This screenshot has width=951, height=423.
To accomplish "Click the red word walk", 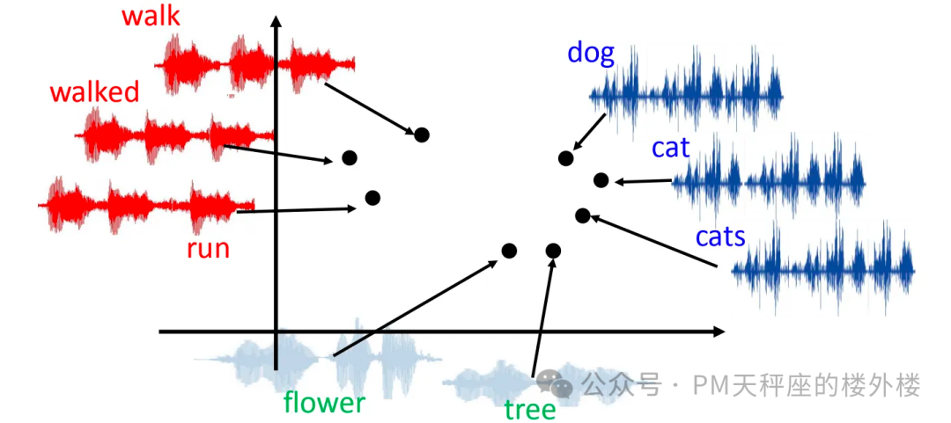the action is (151, 17).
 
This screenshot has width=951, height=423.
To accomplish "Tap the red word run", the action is (208, 249).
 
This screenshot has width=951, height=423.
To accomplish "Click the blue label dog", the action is (591, 54).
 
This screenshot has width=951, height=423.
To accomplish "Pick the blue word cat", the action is (670, 148).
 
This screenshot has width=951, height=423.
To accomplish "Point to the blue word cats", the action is (720, 237).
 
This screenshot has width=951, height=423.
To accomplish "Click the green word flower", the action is (325, 402).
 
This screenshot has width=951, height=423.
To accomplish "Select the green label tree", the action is (529, 410).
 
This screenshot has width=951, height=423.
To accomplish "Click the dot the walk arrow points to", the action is (422, 135).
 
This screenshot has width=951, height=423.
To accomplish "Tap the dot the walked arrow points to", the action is (350, 157).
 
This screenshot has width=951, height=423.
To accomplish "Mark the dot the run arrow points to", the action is (372, 198).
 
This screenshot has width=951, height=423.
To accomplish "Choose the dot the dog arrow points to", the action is (566, 158).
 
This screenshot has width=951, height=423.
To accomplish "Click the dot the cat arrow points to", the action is (601, 179).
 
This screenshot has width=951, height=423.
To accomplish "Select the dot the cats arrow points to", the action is (582, 215).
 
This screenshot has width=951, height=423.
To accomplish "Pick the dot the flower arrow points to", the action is (510, 250).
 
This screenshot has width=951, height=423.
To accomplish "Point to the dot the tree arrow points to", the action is (552, 250).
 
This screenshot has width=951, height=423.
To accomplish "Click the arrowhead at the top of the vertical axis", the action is (276, 21).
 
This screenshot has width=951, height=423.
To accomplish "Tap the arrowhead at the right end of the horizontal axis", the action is (719, 332).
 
